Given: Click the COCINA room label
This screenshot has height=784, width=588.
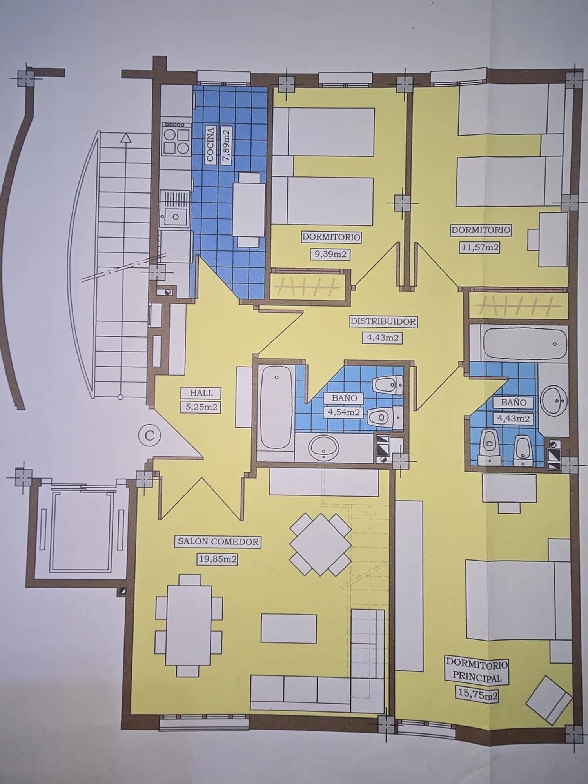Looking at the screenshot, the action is pyautogui.click(x=211, y=144).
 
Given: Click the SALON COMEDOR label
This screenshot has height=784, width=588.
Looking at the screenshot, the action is pyautogui.click(x=218, y=542).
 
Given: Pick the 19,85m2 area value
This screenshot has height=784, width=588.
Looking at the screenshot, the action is pyautogui.click(x=217, y=559).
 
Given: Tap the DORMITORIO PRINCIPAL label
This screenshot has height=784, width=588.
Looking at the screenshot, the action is pyautogui.click(x=477, y=671).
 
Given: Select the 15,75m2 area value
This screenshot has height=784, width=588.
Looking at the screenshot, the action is pyautogui.click(x=477, y=695).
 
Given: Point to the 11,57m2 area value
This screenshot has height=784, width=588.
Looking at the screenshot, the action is pyautogui.click(x=479, y=247).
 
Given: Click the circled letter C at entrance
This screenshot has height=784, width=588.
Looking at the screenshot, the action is pyautogui.click(x=150, y=435).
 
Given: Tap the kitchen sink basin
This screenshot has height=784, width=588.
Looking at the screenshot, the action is pyautogui.click(x=175, y=215).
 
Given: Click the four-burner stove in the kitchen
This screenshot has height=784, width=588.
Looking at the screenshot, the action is pyautogui.click(x=176, y=142).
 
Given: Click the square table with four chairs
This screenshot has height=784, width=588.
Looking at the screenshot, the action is pyautogui.click(x=321, y=545).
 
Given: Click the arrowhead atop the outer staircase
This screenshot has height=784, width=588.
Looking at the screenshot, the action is pyautogui.click(x=125, y=138).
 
